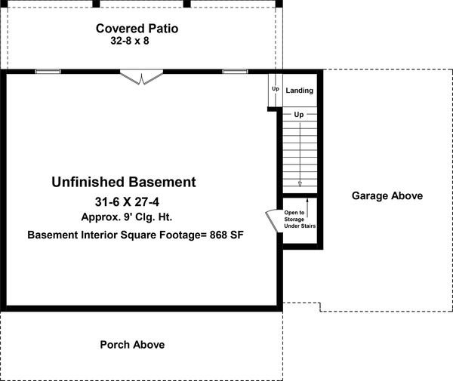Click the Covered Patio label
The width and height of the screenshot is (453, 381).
137,29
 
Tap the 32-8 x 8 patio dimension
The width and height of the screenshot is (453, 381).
137,43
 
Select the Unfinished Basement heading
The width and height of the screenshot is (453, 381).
124,182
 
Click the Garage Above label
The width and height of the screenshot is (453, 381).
387,196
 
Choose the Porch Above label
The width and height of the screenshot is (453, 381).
132,345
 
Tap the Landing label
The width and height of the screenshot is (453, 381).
300,91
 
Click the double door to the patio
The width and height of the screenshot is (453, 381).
141,76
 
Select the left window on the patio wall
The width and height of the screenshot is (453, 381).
48,72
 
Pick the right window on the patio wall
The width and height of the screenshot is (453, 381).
234,72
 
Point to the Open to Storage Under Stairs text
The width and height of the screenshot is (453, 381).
299,220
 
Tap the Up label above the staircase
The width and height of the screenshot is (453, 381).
299,115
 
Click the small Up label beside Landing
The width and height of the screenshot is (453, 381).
275,89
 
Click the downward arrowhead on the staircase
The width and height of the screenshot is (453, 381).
300,183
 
